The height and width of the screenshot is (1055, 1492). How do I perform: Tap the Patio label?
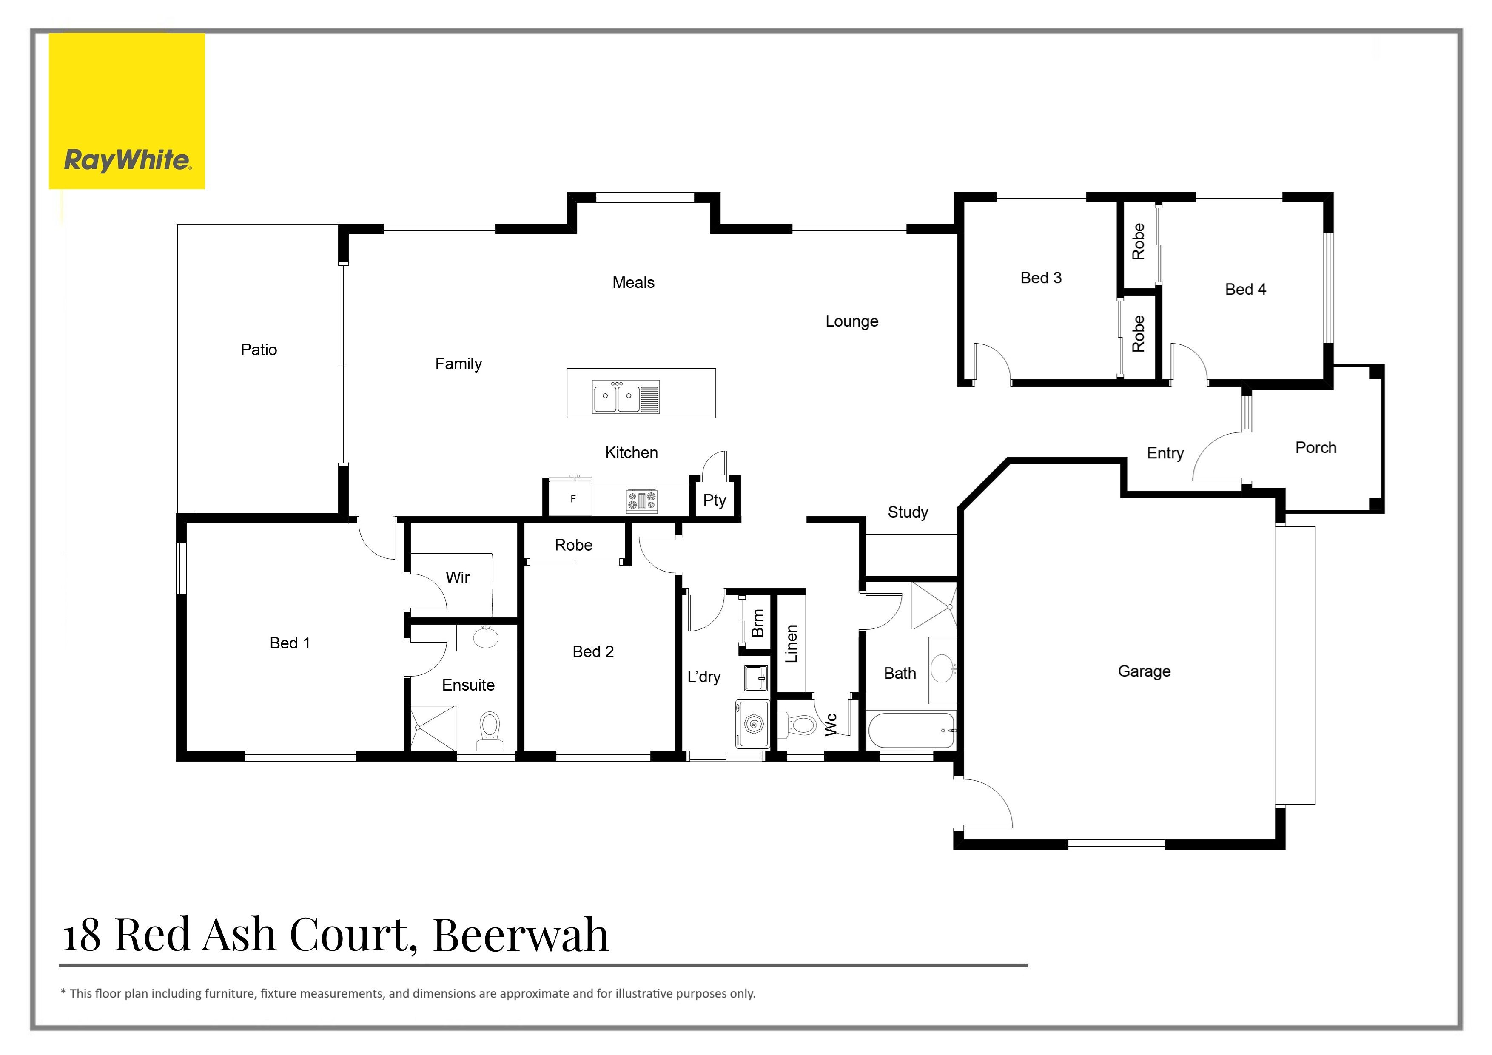click(x=259, y=350)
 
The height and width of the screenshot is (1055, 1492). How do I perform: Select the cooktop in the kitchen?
click(x=641, y=500)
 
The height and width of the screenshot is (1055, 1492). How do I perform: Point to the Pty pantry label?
click(x=714, y=500)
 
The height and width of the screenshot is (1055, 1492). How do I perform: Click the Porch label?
click(x=1315, y=448)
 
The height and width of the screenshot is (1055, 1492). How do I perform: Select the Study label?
click(x=907, y=512)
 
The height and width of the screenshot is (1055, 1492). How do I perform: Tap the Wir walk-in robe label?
click(x=458, y=577)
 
